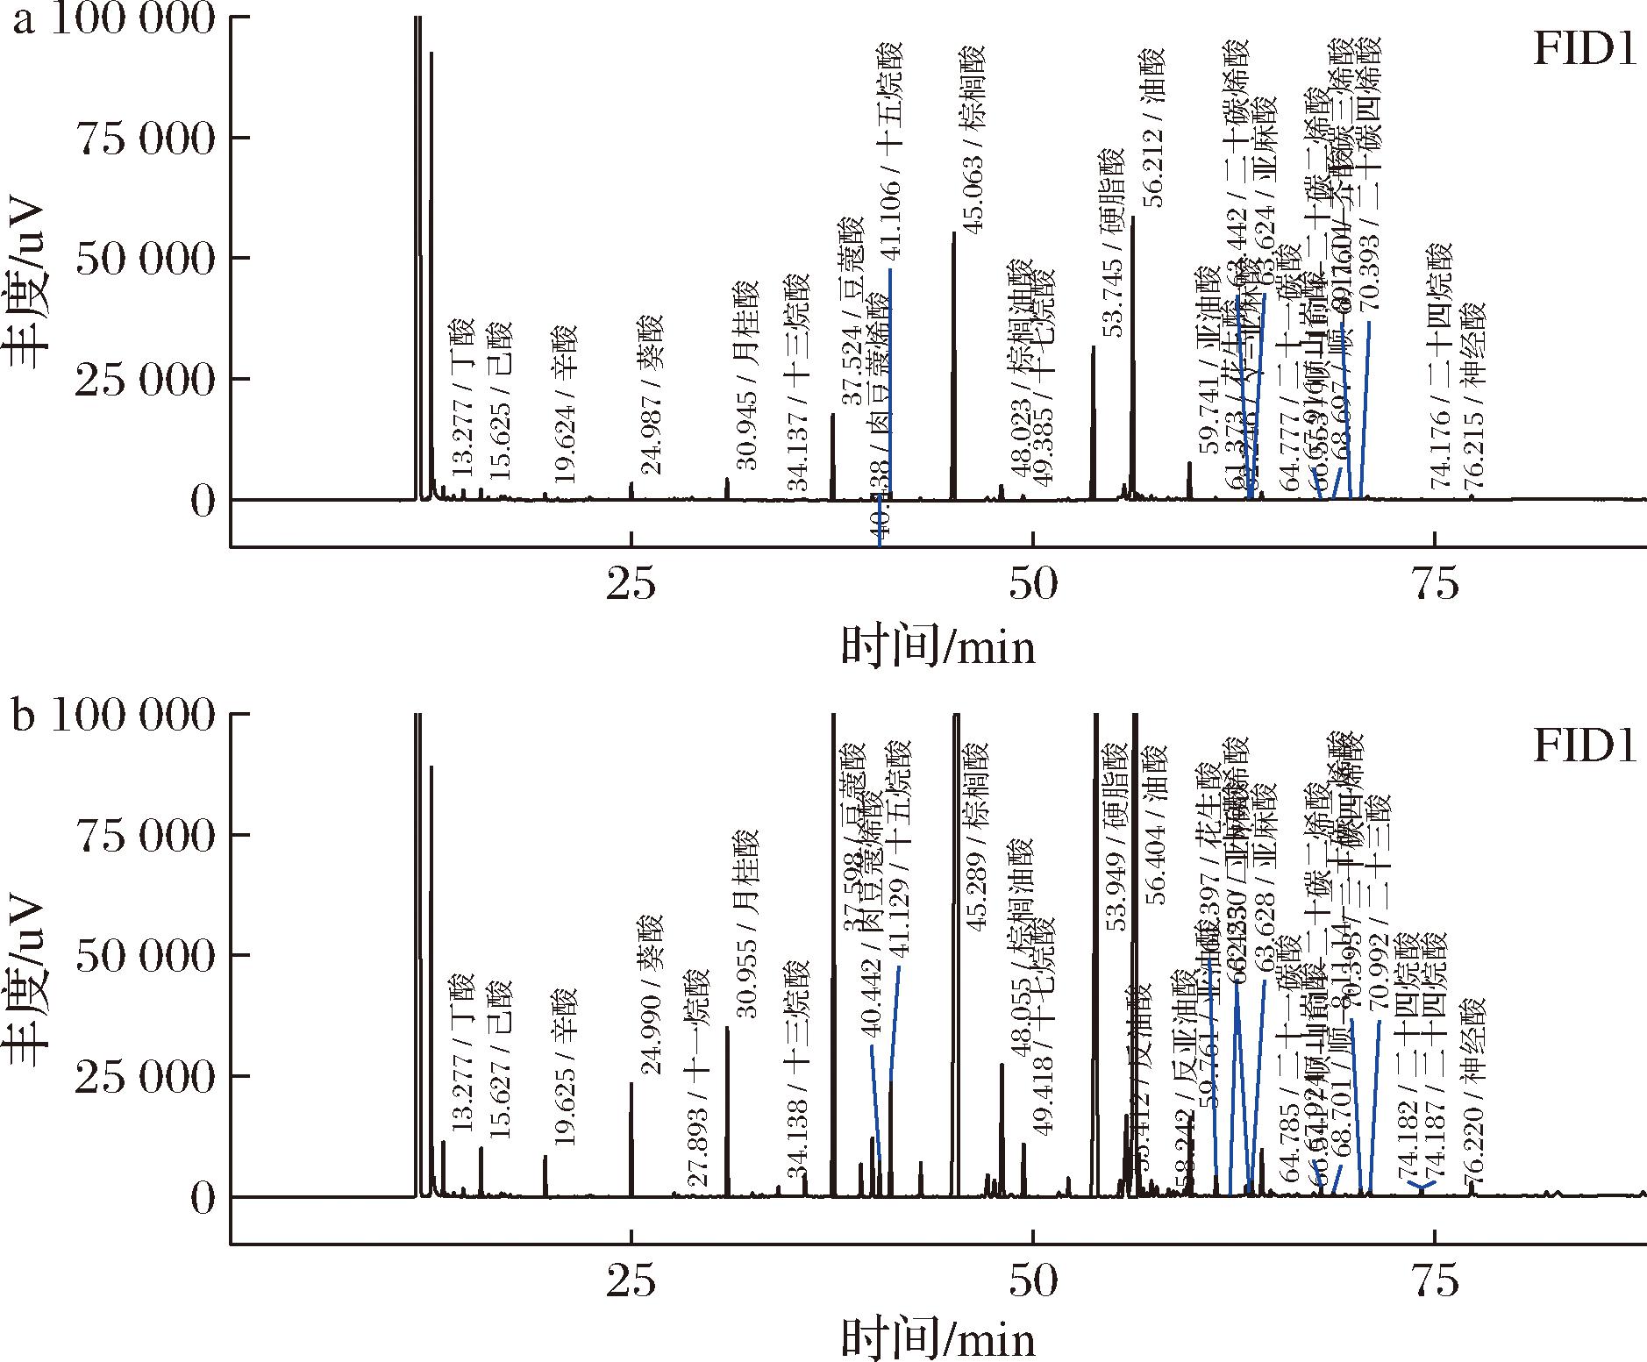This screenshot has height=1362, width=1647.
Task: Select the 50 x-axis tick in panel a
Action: [x=1033, y=585]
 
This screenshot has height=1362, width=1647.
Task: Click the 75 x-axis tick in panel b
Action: [x=1435, y=1281]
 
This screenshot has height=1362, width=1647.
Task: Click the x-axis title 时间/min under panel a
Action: [x=938, y=647]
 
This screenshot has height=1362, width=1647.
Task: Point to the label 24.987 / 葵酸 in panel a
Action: [x=651, y=395]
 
